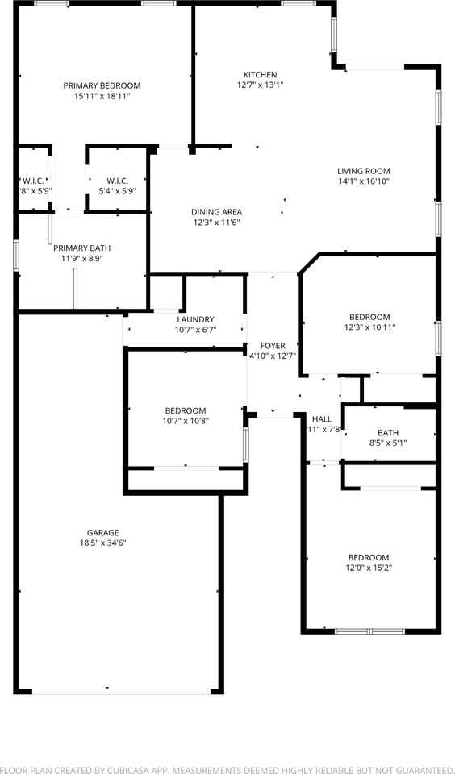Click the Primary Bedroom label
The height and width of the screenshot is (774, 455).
(x=102, y=85)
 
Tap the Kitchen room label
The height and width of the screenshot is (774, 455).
(x=260, y=74)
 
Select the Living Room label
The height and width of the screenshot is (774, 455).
(x=363, y=171)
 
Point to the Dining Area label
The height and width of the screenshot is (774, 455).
(x=216, y=212)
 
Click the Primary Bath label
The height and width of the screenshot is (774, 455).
(x=82, y=248)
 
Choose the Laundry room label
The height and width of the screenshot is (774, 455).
(x=195, y=319)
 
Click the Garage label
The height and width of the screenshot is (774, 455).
(x=103, y=532)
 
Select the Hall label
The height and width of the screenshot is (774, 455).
(x=322, y=419)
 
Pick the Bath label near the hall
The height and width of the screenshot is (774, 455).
(x=388, y=433)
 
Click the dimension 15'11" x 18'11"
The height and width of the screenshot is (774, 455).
(x=102, y=96)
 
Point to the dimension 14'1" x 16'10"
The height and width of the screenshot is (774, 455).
(x=363, y=181)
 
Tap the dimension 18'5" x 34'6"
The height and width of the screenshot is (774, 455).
(x=103, y=543)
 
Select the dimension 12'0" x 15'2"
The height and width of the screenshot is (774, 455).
(x=369, y=568)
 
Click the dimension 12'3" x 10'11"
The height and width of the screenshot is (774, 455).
(x=369, y=327)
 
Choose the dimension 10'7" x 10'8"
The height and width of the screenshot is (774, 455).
(x=186, y=420)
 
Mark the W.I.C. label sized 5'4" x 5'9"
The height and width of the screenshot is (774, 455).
(x=117, y=191)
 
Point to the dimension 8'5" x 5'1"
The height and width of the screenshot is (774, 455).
(x=388, y=443)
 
